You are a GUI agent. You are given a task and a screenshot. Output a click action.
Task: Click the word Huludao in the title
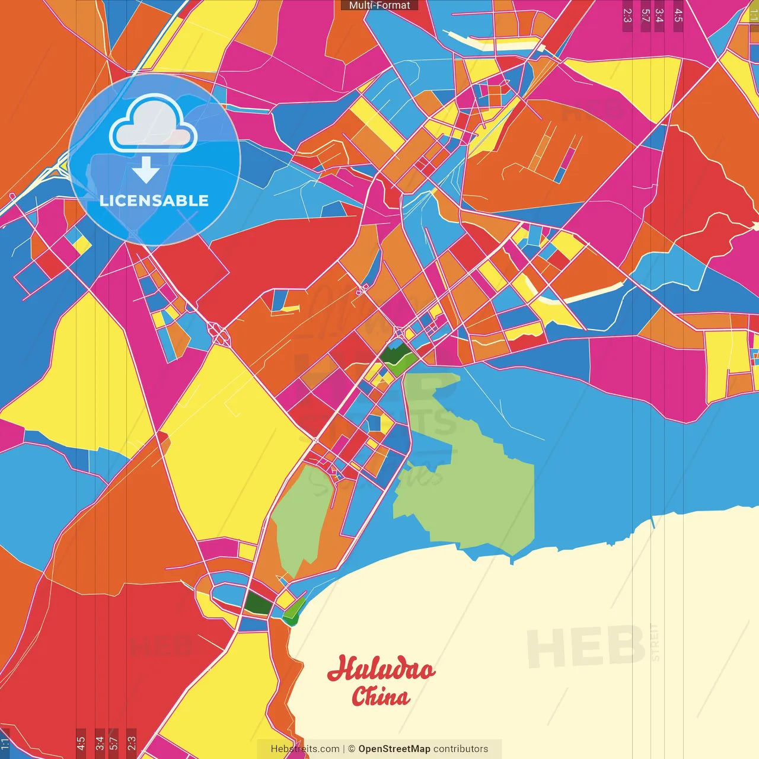point(381,669)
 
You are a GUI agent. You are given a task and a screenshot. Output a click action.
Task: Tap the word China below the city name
point(380,697)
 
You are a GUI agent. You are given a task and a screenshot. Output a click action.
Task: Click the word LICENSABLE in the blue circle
point(154,200)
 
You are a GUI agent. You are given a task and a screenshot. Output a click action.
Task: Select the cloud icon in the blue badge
point(154,124)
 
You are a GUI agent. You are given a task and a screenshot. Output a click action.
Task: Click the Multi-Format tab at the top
point(379,5)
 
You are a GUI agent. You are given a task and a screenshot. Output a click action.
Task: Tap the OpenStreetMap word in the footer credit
point(394,749)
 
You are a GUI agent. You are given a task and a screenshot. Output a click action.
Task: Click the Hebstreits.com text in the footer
point(305,749)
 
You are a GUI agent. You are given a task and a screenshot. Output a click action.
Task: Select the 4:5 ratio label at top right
point(678,15)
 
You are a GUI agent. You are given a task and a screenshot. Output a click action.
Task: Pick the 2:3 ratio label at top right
point(627,15)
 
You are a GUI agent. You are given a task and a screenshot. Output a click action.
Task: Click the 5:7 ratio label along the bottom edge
point(114,742)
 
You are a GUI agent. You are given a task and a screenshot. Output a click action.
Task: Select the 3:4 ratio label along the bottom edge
point(100,742)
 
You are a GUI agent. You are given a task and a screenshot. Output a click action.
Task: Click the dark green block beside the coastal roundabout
point(259,603)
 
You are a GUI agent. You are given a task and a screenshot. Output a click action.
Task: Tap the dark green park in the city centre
point(396,356)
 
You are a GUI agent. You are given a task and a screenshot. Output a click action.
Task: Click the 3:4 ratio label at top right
point(659,15)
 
